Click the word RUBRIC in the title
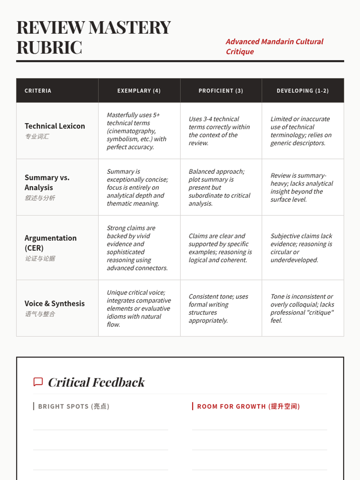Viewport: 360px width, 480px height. [x=49, y=47]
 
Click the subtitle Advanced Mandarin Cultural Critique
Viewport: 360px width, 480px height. [x=274, y=46]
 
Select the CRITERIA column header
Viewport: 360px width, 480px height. [x=38, y=91]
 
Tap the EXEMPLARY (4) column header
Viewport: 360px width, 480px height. [x=139, y=91]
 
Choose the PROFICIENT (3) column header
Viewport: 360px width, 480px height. [x=221, y=91]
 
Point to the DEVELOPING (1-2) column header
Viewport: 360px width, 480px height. [x=302, y=91]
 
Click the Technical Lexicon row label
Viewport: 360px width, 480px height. [x=55, y=126]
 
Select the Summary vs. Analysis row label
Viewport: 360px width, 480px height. [x=47, y=182]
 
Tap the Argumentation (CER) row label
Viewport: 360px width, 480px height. [x=50, y=243]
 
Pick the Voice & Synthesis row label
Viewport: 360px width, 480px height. [x=55, y=303]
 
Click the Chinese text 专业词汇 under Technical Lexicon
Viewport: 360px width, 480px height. [x=37, y=136]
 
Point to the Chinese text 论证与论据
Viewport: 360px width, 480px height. [x=40, y=259]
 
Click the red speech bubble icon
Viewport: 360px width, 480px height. [x=38, y=382]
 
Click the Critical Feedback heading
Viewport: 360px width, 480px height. [x=96, y=382]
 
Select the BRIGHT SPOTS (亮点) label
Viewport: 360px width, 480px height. [x=73, y=406]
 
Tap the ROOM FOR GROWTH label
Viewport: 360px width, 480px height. [x=248, y=406]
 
